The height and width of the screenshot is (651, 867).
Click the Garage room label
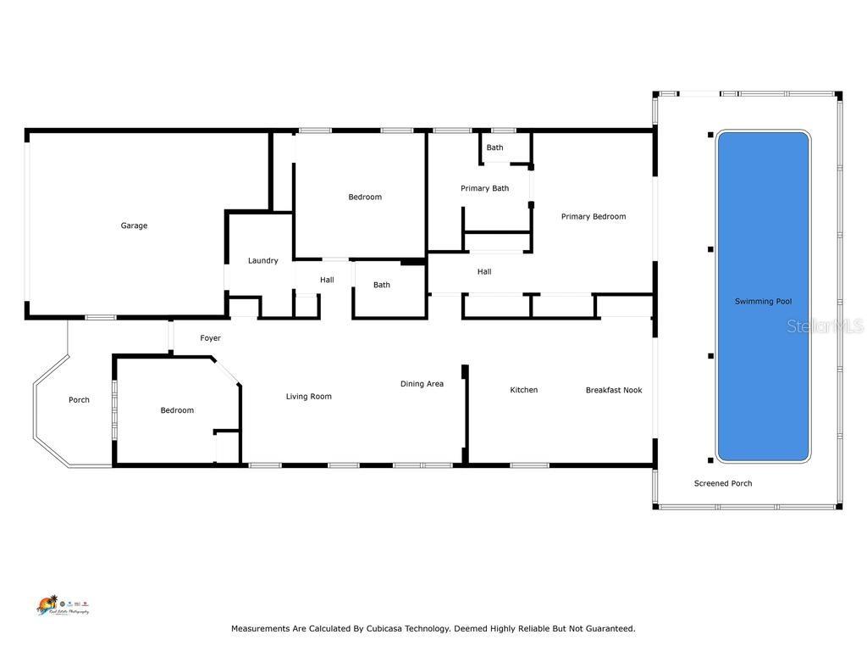134,225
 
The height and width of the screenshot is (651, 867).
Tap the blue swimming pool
763,297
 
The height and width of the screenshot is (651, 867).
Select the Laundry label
262,260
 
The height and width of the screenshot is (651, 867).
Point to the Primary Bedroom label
594,216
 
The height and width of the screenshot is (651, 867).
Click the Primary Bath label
484,188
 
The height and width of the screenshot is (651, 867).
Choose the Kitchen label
523,390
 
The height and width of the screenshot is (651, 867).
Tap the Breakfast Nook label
614,390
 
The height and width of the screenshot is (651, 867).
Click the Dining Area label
422,384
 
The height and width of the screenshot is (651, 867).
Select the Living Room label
308,396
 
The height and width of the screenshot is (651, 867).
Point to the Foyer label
210,338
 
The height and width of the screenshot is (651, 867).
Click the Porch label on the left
79,400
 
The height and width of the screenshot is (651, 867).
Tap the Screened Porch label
723,483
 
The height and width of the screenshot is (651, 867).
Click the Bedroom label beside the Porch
177,410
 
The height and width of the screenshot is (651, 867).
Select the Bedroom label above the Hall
365,197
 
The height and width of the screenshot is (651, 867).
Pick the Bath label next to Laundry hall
382,285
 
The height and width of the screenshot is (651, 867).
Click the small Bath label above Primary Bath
494,147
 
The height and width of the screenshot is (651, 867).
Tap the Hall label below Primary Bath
484,271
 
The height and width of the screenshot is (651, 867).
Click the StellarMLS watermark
825,325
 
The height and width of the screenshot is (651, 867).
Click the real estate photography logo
62,605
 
